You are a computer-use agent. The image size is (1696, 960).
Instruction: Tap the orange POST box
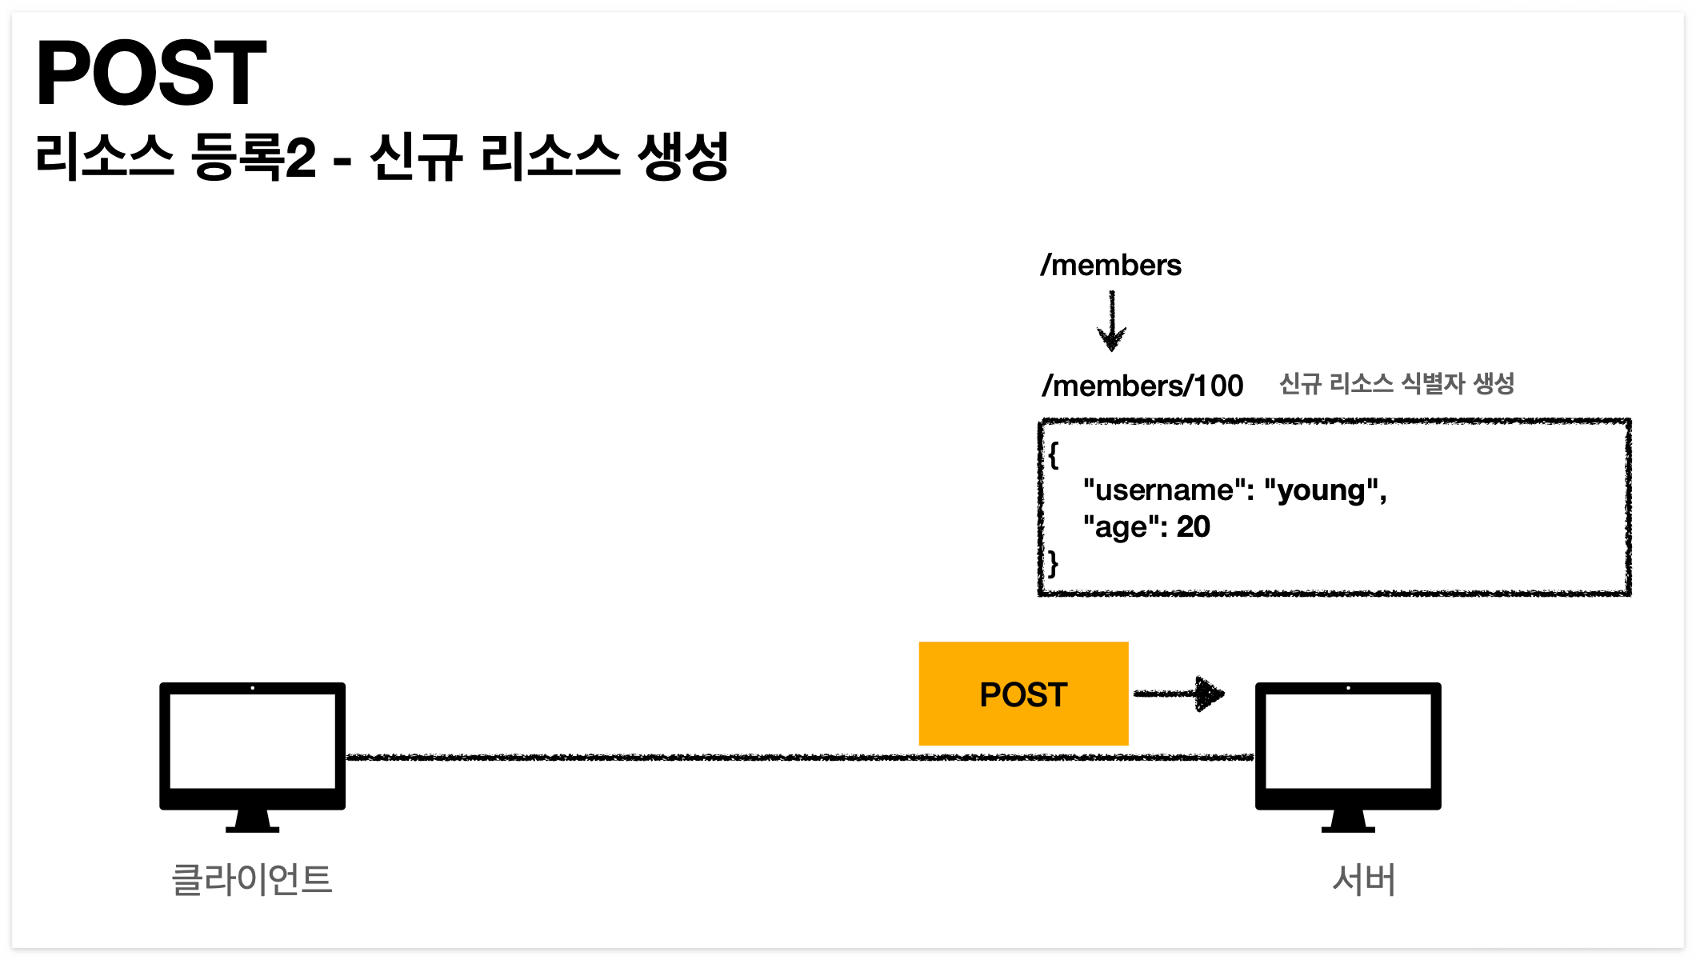(1023, 694)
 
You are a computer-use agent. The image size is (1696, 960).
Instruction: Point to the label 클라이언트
(252, 879)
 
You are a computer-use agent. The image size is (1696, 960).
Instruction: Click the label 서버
(1364, 879)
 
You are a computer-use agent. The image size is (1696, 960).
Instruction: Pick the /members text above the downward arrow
(1110, 265)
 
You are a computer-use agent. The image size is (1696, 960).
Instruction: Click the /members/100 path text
(1142, 386)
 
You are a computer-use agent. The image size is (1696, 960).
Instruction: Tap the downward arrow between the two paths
(1111, 322)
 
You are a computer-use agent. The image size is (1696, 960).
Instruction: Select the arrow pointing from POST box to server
(1179, 694)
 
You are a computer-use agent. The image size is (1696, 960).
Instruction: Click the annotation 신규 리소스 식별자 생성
(1397, 384)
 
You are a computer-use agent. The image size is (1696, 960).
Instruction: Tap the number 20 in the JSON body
(1193, 527)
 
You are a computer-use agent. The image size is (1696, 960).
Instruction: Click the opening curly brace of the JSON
(1054, 455)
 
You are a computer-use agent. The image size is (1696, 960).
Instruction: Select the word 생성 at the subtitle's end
(682, 157)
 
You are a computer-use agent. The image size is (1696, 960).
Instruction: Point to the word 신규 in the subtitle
(416, 157)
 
